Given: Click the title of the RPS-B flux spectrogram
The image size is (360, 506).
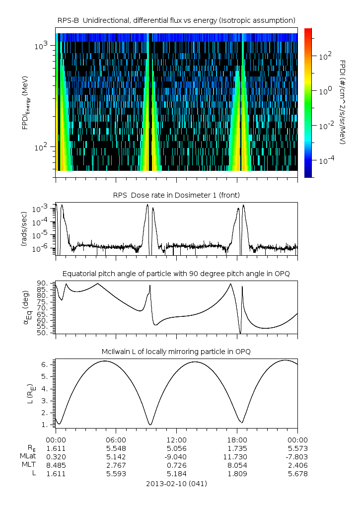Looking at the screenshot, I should (x=176, y=20).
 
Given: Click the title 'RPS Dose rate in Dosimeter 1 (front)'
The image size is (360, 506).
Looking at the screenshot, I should (x=176, y=195).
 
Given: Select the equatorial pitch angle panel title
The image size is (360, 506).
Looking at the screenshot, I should (x=176, y=274).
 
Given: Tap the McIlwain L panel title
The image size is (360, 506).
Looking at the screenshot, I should (x=176, y=352).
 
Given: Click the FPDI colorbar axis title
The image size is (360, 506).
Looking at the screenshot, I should (x=343, y=102).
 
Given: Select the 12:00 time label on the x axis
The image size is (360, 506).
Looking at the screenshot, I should (x=176, y=440).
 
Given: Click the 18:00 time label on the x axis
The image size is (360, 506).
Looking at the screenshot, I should (x=237, y=440).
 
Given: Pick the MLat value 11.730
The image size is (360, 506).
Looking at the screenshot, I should (x=237, y=457).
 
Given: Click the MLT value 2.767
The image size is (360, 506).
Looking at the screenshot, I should (x=116, y=465).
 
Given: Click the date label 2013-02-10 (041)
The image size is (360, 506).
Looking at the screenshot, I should (x=176, y=484).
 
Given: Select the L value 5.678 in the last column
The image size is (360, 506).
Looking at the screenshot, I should (x=297, y=474).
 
